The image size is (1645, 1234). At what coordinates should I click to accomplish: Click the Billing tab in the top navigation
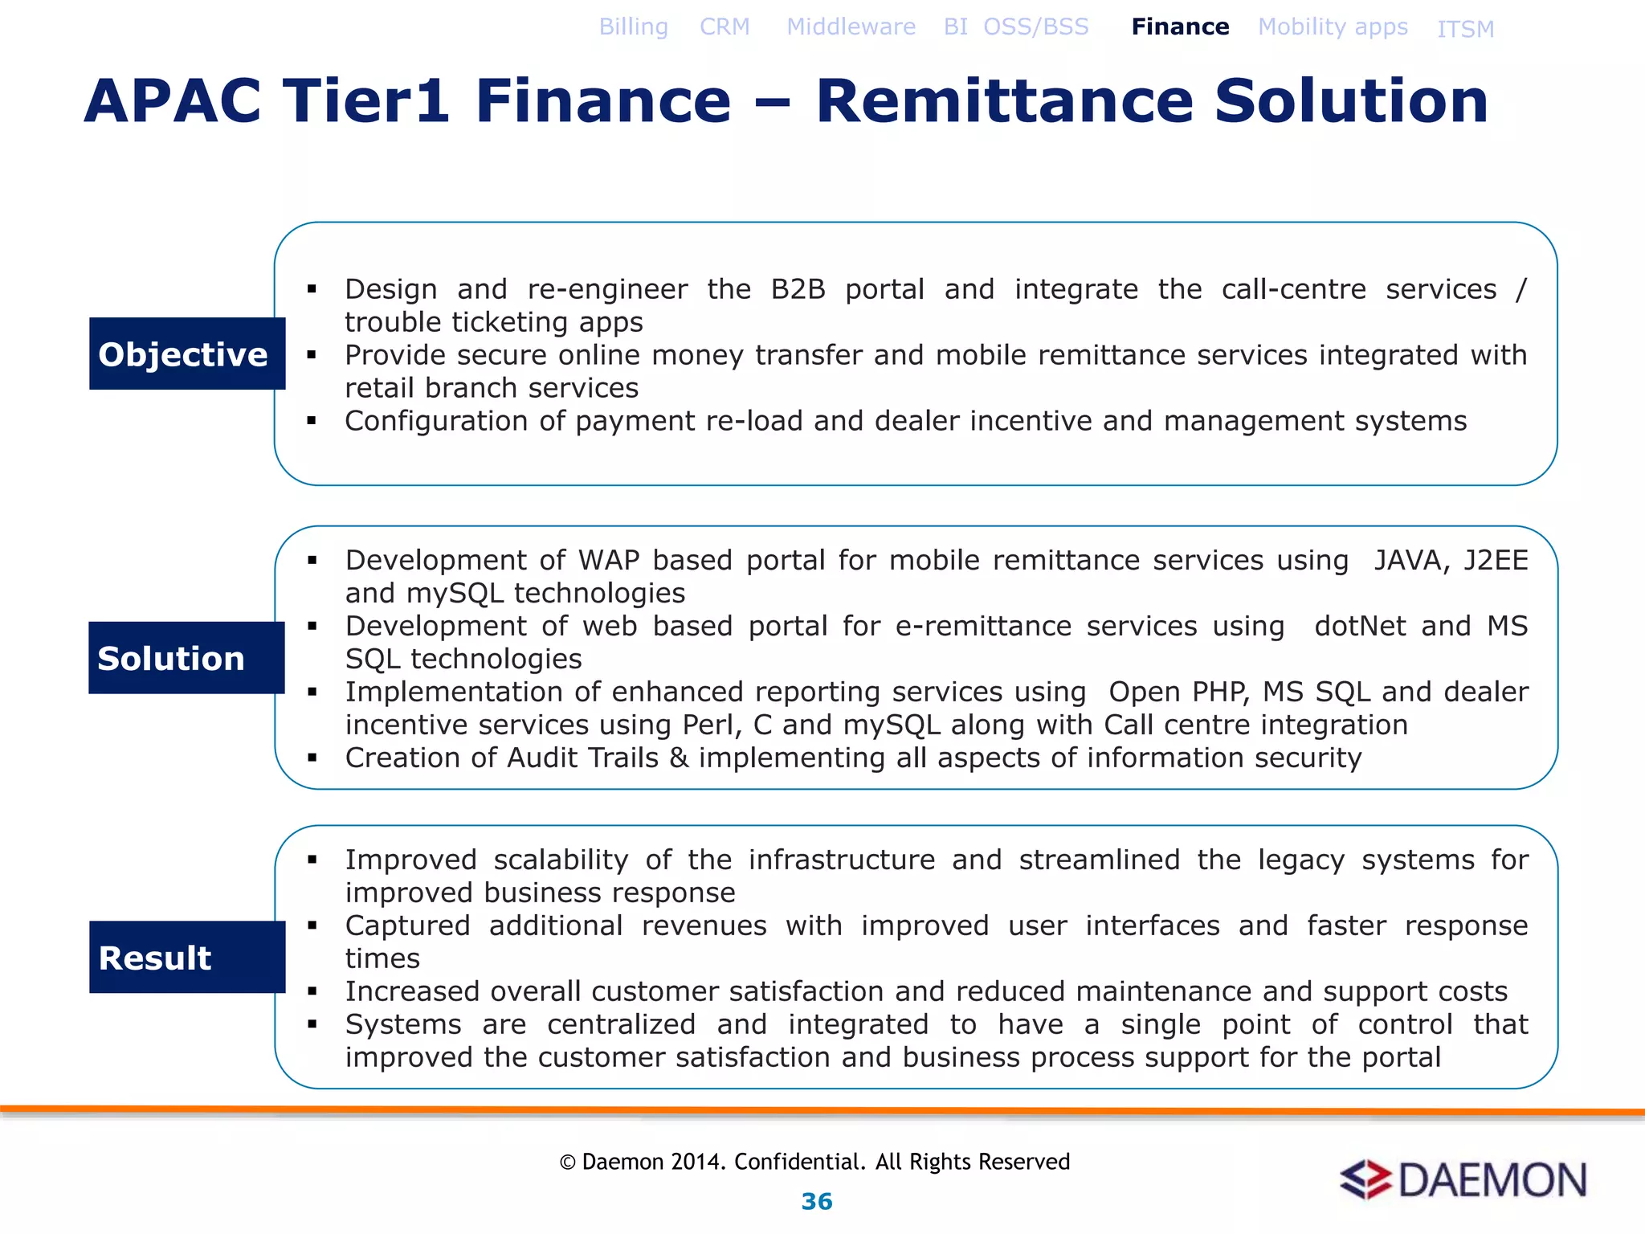tap(633, 27)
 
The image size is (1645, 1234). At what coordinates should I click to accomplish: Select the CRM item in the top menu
tap(725, 27)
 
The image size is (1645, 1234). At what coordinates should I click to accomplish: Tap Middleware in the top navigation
tap(851, 27)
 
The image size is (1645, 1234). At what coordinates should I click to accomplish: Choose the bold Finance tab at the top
tap(1180, 27)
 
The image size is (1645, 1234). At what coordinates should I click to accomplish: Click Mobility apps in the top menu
tap(1333, 27)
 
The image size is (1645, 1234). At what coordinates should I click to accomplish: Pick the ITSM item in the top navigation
tap(1465, 30)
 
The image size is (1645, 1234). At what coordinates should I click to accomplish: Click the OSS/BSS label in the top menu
tap(1036, 27)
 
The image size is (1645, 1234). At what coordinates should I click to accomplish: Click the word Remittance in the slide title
tap(1005, 101)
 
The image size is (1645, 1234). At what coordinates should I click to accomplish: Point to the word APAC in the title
tap(173, 101)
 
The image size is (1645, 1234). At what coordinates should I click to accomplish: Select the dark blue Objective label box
tap(187, 353)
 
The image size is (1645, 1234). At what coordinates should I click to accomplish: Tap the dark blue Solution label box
tap(186, 658)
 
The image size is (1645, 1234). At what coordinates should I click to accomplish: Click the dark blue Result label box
tap(187, 957)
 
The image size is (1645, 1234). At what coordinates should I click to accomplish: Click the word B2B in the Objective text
tap(798, 289)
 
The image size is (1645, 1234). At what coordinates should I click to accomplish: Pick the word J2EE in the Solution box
tap(1496, 560)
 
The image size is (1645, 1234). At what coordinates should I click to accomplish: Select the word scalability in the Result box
tap(561, 860)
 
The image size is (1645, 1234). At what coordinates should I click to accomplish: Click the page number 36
tap(817, 1201)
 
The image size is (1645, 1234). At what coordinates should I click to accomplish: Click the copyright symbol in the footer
tap(567, 1162)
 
